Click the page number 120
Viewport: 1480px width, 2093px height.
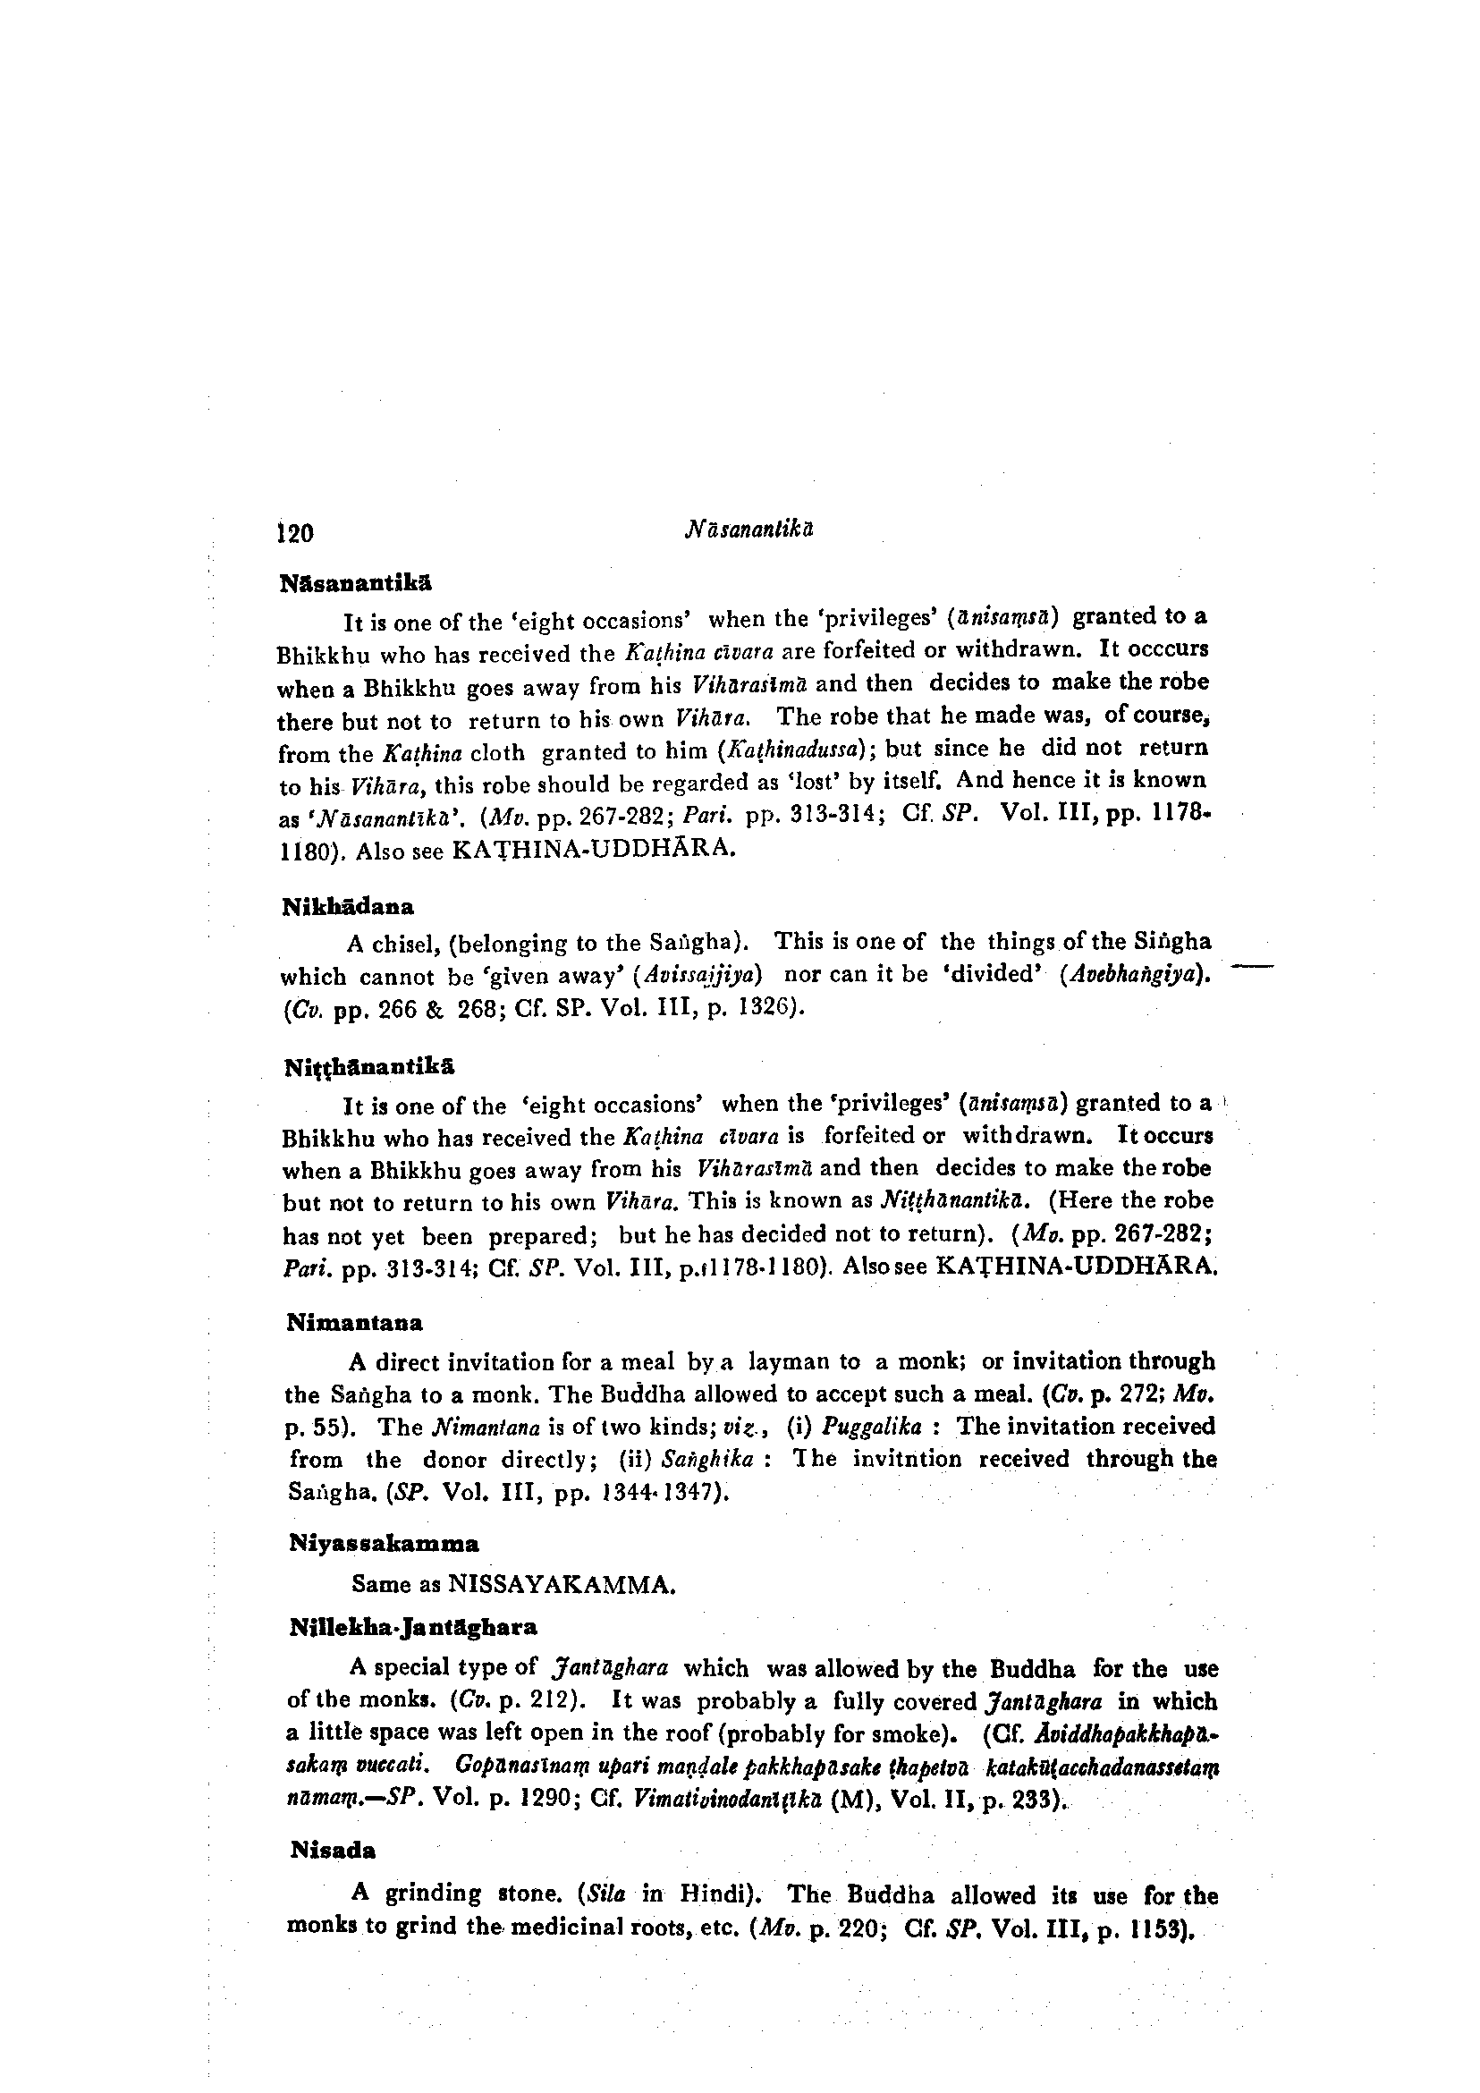click(295, 532)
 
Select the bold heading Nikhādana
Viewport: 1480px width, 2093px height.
click(348, 907)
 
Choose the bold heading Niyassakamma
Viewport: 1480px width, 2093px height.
click(384, 1544)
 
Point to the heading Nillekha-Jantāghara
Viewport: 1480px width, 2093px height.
click(413, 1627)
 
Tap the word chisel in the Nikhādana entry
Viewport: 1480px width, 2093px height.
click(400, 943)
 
